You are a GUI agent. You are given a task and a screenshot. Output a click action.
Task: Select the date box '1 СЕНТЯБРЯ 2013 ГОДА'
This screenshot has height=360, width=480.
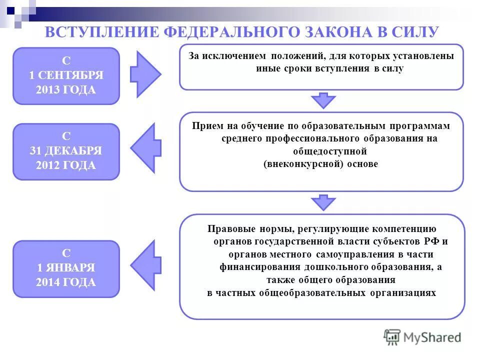(x=66, y=76)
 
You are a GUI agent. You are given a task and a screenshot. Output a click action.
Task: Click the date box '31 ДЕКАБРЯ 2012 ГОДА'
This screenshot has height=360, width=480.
(x=66, y=151)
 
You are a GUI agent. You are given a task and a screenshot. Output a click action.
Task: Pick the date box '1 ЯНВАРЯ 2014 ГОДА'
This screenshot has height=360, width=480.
(x=66, y=268)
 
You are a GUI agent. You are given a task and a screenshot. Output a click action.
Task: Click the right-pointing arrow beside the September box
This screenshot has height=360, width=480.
(x=144, y=74)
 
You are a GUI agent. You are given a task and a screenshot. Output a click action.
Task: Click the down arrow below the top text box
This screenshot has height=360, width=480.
(x=323, y=100)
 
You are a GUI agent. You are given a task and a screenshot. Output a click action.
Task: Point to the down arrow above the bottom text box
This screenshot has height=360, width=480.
(x=323, y=202)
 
